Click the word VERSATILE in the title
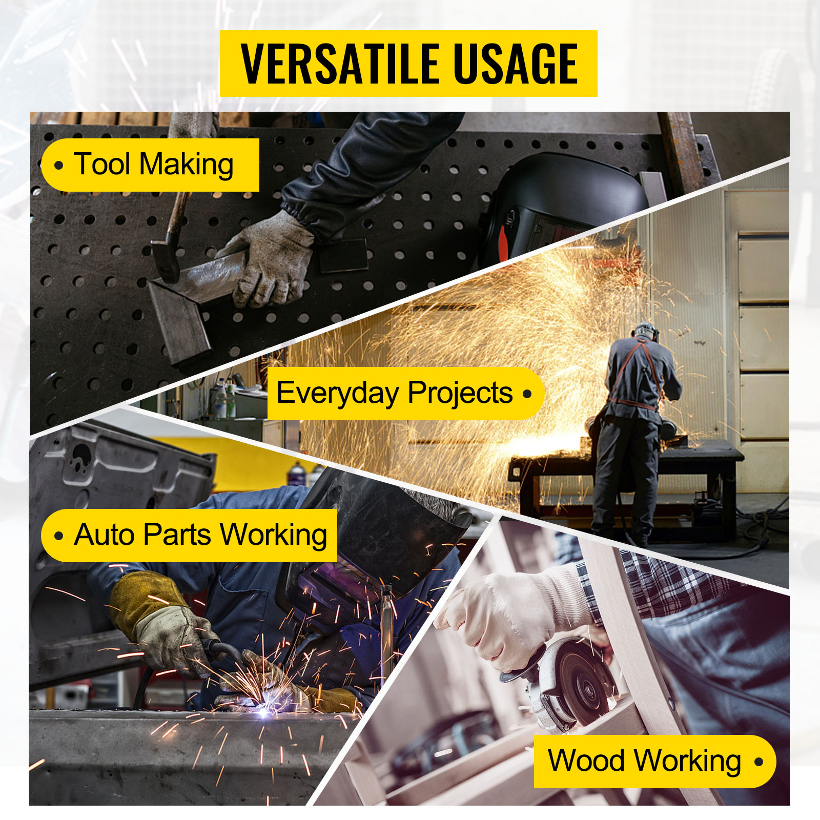pyautogui.click(x=340, y=64)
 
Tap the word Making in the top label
pyautogui.click(x=187, y=165)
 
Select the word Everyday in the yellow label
pyautogui.click(x=338, y=394)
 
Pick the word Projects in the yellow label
pyautogui.click(x=460, y=394)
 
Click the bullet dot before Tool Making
pyautogui.click(x=59, y=166)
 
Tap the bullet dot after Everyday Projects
pyautogui.click(x=527, y=394)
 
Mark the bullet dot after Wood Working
pyautogui.click(x=758, y=762)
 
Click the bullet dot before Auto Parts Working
pyautogui.click(x=59, y=536)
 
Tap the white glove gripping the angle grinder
pyautogui.click(x=512, y=615)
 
